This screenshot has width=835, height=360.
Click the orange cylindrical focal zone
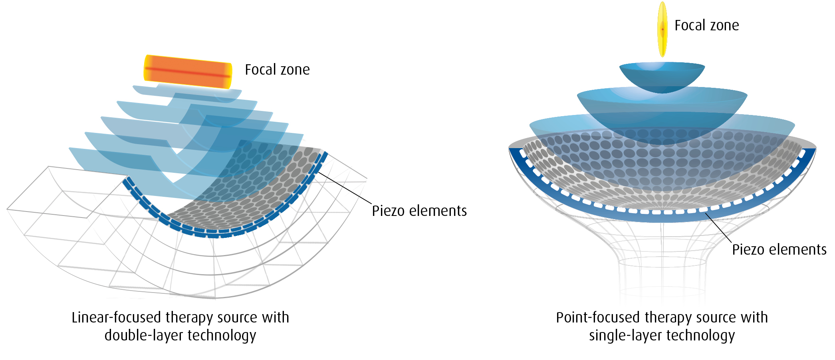(x=188, y=72)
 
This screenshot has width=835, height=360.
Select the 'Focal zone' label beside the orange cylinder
(x=277, y=70)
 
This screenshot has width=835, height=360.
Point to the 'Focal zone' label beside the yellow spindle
(x=706, y=26)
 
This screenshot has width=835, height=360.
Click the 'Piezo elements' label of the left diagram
(x=419, y=211)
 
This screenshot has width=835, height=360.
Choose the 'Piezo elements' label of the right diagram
(x=779, y=249)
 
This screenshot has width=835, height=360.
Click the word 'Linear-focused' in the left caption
(x=116, y=318)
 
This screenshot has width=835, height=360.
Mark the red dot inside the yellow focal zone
(x=662, y=29)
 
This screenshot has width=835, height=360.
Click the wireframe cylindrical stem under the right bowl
(x=662, y=275)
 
